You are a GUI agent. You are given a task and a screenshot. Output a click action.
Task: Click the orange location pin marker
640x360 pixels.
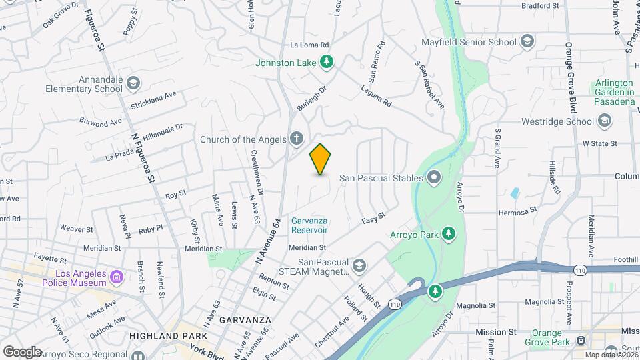321,159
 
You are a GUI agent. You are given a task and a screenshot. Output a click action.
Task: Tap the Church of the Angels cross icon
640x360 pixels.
297,139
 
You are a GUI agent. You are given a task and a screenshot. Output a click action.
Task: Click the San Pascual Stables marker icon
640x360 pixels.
434,177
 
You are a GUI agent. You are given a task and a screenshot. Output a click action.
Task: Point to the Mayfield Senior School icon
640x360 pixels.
527,42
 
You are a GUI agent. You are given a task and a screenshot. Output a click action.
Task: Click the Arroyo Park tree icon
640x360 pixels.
450,233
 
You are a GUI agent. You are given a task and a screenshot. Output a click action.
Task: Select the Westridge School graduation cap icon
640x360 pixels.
605,121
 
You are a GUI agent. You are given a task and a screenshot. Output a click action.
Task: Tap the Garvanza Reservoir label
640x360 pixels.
309,225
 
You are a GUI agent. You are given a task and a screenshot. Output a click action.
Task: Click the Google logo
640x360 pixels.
22,351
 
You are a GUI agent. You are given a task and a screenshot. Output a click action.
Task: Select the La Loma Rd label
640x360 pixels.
310,45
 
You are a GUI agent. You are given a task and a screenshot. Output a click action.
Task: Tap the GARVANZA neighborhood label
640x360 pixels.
245,319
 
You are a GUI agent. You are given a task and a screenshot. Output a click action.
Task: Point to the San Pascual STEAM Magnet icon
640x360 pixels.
359,266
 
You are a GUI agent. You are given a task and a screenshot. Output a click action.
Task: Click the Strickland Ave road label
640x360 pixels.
153,100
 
